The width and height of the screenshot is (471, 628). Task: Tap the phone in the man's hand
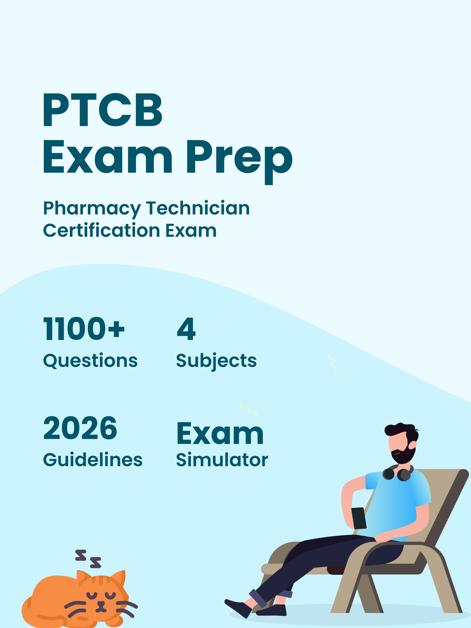(359, 518)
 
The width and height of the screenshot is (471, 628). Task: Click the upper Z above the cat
(81, 555)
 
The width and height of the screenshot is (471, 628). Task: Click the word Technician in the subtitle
(198, 209)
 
